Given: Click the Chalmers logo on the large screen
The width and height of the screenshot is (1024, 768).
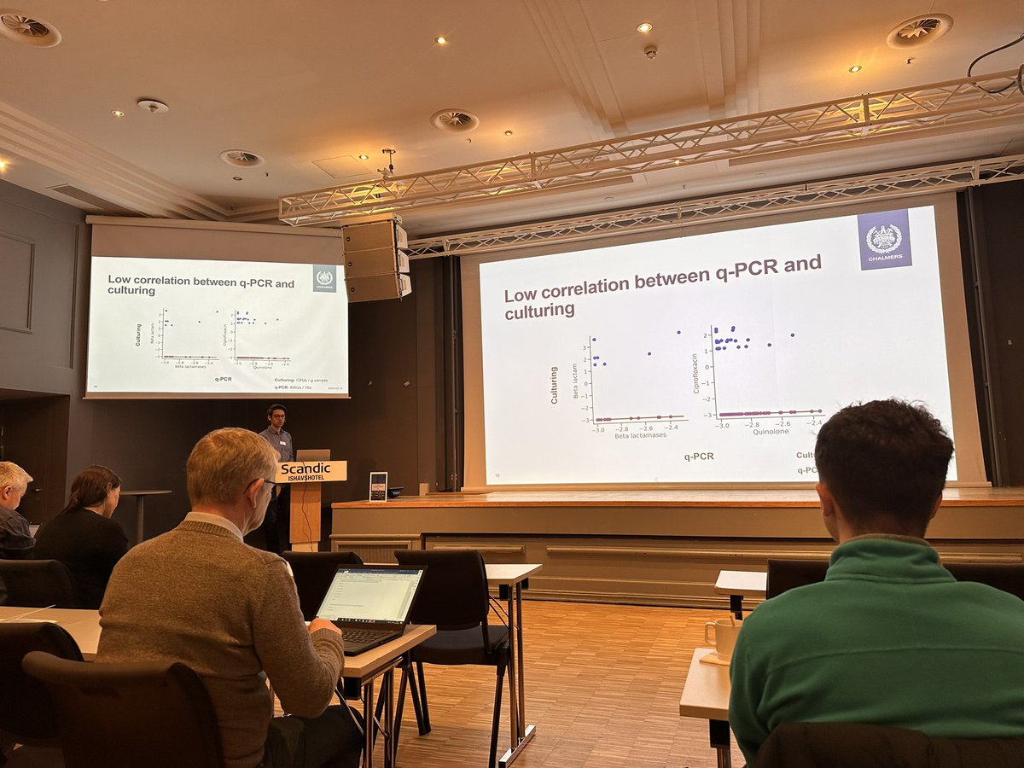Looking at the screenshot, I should point(884,239).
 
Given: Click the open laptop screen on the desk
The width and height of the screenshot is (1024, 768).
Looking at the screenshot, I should point(371,594).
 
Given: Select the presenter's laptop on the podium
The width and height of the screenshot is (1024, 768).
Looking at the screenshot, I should point(312,456).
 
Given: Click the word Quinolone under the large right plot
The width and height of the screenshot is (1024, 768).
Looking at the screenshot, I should point(770,431).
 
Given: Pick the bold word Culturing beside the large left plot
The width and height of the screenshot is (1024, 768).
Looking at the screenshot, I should point(554,385).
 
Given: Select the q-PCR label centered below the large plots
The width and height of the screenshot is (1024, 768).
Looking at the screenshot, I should point(700,457).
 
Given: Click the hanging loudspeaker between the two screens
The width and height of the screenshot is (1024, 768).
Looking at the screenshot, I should point(375,260).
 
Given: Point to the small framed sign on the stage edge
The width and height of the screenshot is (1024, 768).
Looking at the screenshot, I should point(377,486).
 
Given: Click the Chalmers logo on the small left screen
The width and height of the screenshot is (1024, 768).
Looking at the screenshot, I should point(324,277).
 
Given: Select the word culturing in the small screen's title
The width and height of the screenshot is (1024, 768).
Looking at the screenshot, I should point(131,290).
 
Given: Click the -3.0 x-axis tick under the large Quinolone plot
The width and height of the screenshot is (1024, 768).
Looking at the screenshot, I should point(723,424).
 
